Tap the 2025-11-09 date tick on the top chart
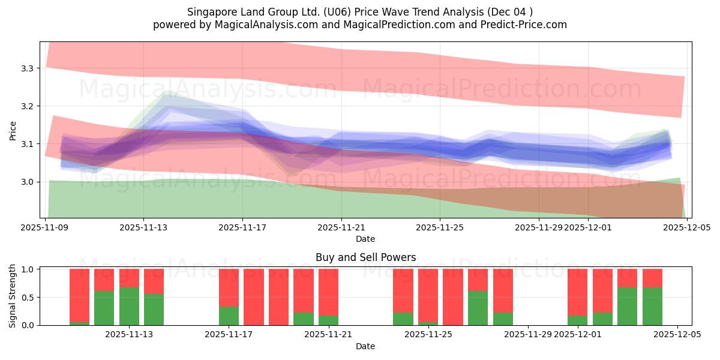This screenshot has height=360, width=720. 46,227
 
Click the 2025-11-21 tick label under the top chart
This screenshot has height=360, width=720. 341,227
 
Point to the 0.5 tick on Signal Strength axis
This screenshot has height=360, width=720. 28,297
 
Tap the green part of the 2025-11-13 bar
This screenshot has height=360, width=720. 129,306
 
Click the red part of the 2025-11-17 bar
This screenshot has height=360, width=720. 229,288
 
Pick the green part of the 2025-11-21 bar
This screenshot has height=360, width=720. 328,320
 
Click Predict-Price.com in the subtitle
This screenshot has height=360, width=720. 526,25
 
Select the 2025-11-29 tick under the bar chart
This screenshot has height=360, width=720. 528,334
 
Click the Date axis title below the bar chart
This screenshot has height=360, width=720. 365,346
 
